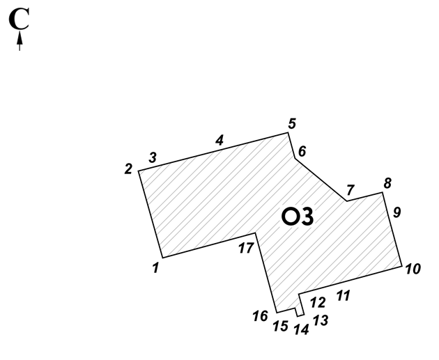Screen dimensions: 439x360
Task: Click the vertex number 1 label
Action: click(156, 267)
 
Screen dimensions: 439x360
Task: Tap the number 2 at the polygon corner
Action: click(128, 169)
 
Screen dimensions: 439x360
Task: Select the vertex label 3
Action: click(153, 157)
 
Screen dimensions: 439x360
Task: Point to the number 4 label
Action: click(219, 140)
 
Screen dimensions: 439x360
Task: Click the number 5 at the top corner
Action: click(292, 124)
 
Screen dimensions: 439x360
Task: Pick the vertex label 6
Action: click(302, 151)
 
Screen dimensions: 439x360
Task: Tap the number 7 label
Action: click(351, 190)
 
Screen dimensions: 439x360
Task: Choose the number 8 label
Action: click(387, 183)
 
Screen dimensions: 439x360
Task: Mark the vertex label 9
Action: click(397, 212)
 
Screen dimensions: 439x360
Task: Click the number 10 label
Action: click(413, 269)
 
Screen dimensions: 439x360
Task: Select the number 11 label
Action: click(343, 296)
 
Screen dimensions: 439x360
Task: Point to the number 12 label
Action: click(318, 302)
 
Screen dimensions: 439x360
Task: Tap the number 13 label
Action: click(321, 320)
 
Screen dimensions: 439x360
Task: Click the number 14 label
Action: click(301, 329)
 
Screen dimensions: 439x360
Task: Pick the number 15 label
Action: click(281, 326)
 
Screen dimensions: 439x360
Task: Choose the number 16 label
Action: click(261, 316)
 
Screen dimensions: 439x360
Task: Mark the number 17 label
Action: click(246, 248)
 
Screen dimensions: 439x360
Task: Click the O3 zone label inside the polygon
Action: click(298, 217)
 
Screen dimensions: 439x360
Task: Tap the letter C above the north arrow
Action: click(19, 19)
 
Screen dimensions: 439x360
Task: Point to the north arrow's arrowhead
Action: click(20, 38)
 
